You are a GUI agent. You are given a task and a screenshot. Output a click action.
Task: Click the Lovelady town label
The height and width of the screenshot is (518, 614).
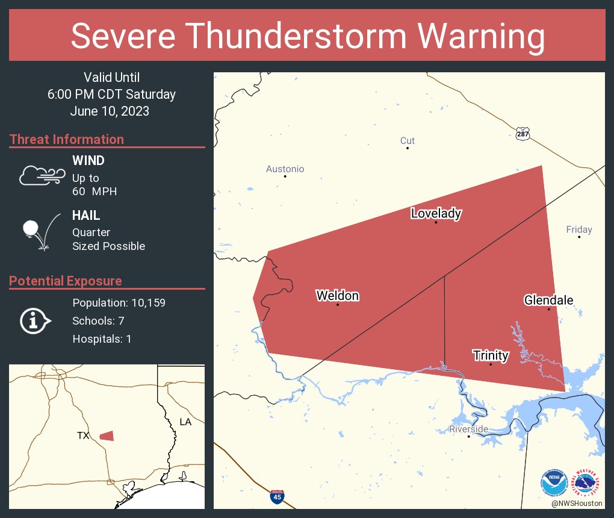[436, 213]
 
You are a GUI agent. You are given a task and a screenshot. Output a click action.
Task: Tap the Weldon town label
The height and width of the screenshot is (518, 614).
[337, 296]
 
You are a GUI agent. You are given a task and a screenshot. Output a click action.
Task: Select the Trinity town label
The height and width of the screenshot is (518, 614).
[491, 355]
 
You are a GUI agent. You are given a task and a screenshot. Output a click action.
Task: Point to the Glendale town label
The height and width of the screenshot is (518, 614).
[548, 301]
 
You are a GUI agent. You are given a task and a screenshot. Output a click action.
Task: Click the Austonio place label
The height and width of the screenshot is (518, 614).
[285, 169]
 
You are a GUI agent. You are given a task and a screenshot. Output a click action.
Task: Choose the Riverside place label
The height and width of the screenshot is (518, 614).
[468, 429]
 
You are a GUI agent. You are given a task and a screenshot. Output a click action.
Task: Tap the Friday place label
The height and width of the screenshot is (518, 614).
[578, 229]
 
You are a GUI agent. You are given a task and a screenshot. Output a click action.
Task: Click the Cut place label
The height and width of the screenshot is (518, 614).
[408, 141]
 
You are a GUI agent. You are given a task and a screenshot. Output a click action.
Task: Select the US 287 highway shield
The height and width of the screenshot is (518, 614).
[523, 134]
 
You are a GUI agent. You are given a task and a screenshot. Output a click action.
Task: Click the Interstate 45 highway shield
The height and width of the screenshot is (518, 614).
[277, 497]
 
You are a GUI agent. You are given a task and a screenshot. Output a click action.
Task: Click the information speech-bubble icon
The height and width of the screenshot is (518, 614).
[35, 320]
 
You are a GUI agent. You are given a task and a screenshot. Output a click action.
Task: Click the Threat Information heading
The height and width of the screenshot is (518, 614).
[66, 139]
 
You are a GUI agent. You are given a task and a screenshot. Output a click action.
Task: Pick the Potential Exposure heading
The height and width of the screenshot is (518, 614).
[66, 281]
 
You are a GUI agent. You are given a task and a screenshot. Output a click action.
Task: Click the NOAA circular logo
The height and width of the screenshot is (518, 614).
[554, 482]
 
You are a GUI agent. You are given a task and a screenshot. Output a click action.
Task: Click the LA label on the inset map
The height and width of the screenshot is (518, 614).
[185, 422]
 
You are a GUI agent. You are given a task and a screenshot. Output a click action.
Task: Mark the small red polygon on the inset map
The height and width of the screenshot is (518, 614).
[107, 435]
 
